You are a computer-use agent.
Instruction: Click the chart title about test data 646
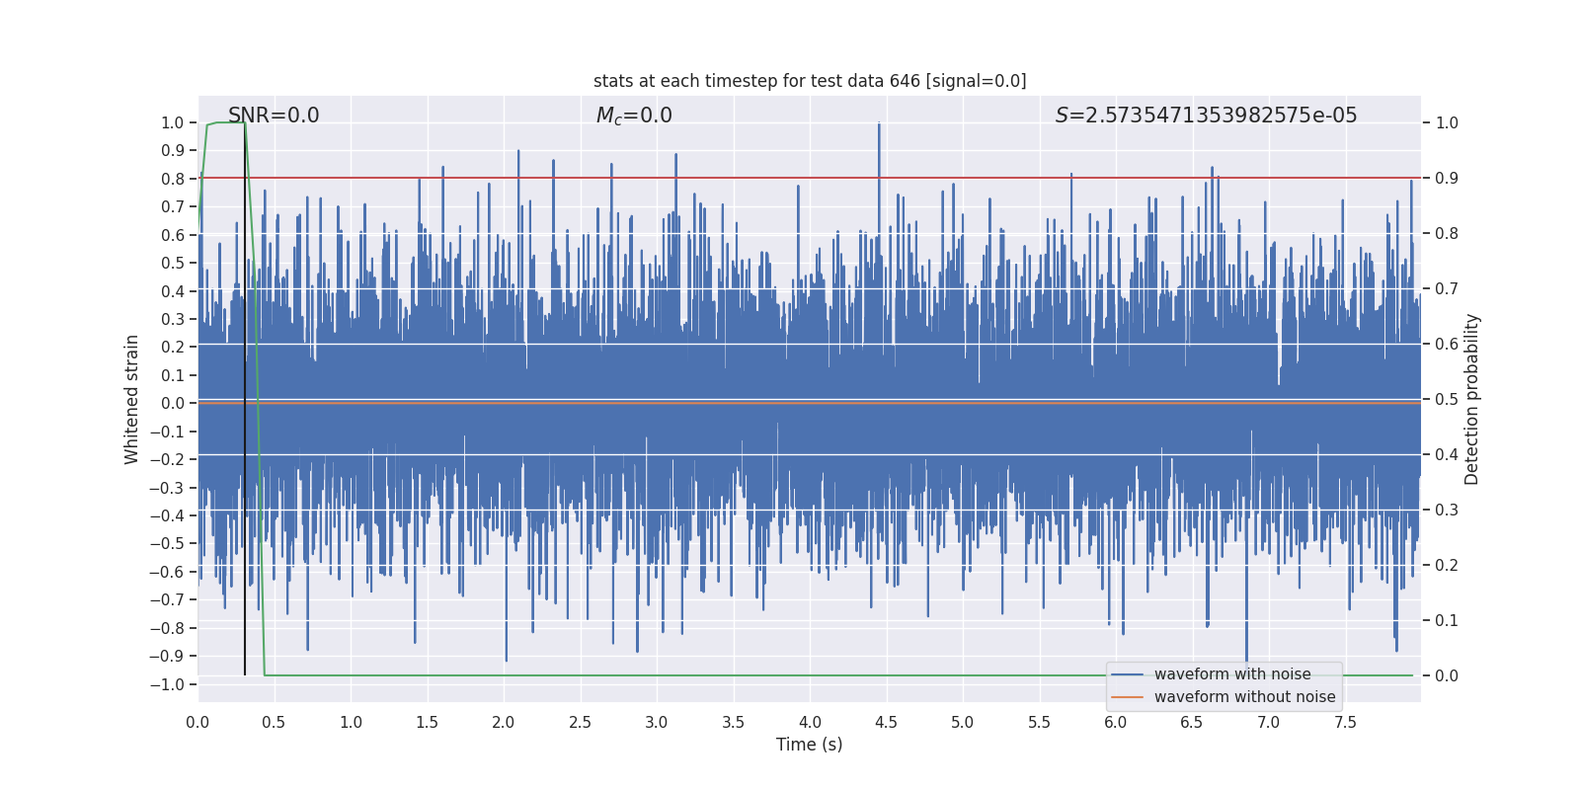tap(810, 81)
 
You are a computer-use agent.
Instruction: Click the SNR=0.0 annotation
tap(274, 116)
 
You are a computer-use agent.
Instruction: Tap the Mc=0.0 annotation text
tap(634, 116)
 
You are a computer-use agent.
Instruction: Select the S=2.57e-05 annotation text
tap(1206, 116)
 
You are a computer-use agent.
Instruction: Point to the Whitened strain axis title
tap(132, 399)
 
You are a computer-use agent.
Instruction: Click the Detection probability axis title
tap(1472, 399)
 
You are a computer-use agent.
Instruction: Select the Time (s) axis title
tap(809, 745)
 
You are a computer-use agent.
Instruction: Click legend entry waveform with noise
tap(1231, 674)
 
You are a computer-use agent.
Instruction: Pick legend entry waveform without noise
tap(1244, 697)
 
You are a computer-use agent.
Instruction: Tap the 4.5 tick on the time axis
tap(887, 722)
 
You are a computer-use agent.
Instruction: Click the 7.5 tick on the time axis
tap(1345, 722)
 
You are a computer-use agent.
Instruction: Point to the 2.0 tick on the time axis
tap(504, 722)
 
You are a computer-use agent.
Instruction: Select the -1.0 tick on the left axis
tap(172, 684)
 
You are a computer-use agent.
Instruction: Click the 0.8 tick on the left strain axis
tap(173, 179)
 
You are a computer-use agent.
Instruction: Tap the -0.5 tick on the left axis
tap(172, 544)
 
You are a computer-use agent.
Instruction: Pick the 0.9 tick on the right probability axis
tap(1447, 179)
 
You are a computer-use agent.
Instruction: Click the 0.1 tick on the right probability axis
tap(1447, 621)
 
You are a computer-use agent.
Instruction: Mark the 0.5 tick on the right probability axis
tap(1447, 400)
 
